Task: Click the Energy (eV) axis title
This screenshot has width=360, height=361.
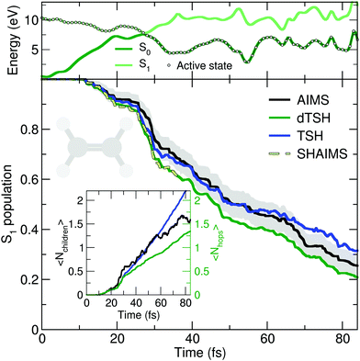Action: (8, 39)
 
